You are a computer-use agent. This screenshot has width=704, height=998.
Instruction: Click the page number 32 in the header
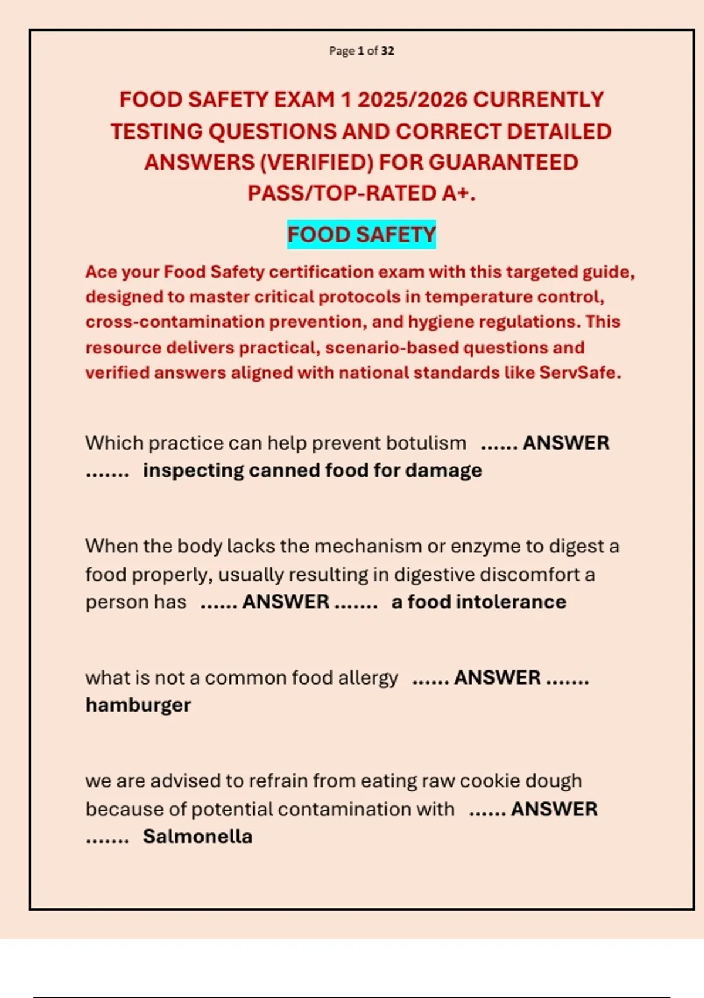pos(387,51)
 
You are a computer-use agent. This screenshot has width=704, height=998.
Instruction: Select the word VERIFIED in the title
pos(317,163)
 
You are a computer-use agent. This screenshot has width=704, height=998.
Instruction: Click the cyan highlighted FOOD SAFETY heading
pos(361,235)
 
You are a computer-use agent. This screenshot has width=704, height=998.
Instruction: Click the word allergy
pos(368,677)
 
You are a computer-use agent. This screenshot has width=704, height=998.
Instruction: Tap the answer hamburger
pos(138,705)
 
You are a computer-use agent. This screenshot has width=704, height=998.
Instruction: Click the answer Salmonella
pos(198,837)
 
